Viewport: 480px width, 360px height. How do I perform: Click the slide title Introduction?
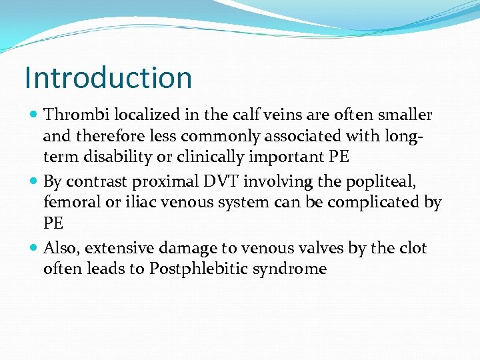(108, 77)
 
